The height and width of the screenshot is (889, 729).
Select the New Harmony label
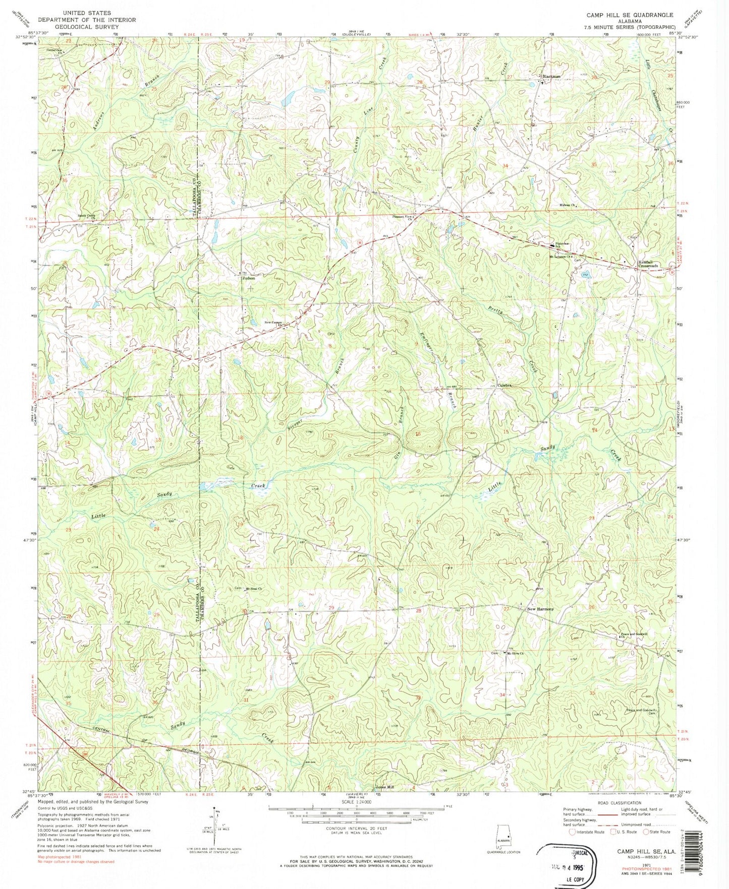pos(540,609)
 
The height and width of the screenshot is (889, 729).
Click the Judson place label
pos(248,278)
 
